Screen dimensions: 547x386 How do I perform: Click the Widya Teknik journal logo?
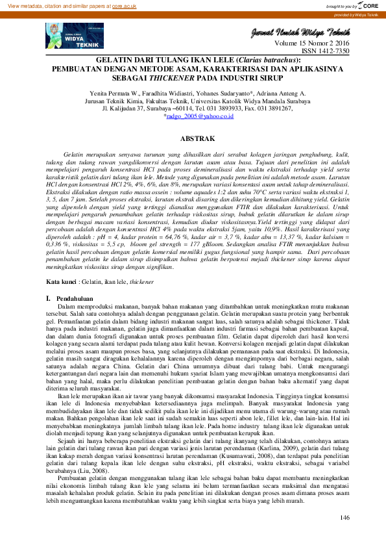pos(66,34)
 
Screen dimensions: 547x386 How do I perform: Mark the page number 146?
pos(344,517)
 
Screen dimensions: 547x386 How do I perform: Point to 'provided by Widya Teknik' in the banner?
pos(356,14)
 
